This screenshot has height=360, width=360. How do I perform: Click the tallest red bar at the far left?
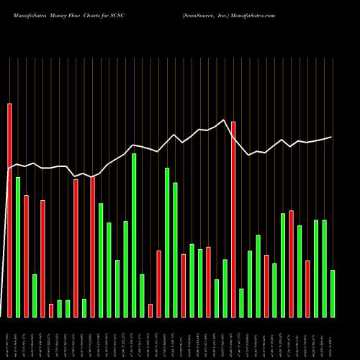[x=9, y=209]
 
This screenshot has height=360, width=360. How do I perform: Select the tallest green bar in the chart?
[x=134, y=234]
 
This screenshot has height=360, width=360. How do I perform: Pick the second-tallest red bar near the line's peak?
[x=233, y=219]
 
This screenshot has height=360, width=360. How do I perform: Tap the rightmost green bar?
[x=332, y=293]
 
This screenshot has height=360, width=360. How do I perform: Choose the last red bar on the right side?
[x=307, y=288]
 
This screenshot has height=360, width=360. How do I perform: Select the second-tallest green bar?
[x=167, y=242]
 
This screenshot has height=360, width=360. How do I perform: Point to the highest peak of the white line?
[x=225, y=120]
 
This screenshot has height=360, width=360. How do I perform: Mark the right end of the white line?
[x=332, y=137]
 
